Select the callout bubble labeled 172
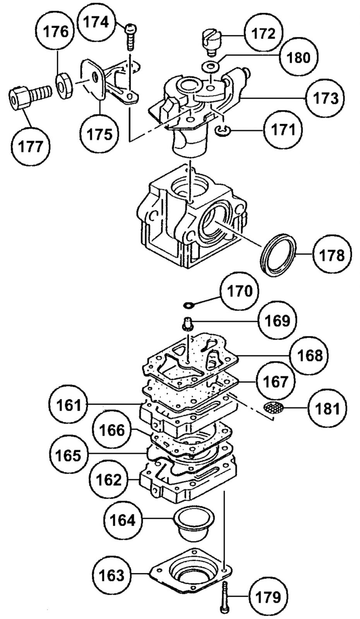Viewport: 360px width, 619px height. point(262,34)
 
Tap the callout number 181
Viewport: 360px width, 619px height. point(327,408)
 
